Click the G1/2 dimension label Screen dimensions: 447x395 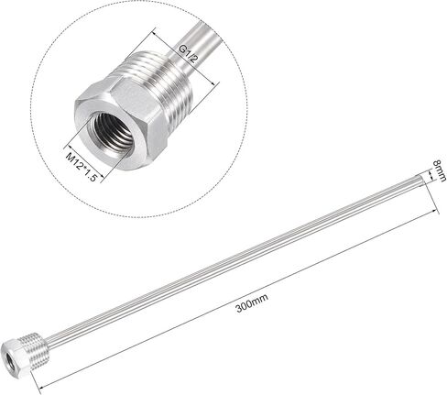(188, 54)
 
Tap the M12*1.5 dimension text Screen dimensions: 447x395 (82, 167)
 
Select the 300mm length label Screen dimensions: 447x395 (252, 302)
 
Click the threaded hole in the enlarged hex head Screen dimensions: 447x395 (113, 132)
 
